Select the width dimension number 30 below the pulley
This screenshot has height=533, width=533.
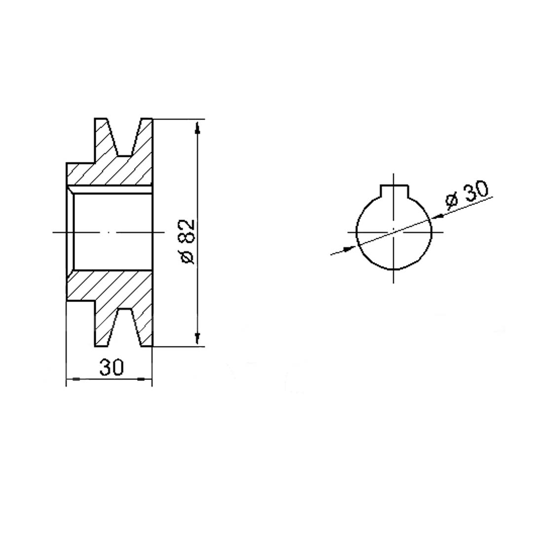(x=112, y=368)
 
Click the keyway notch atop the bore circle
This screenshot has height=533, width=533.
(x=394, y=191)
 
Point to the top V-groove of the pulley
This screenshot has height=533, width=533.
(x=124, y=137)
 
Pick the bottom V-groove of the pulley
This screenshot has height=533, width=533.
(x=124, y=328)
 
